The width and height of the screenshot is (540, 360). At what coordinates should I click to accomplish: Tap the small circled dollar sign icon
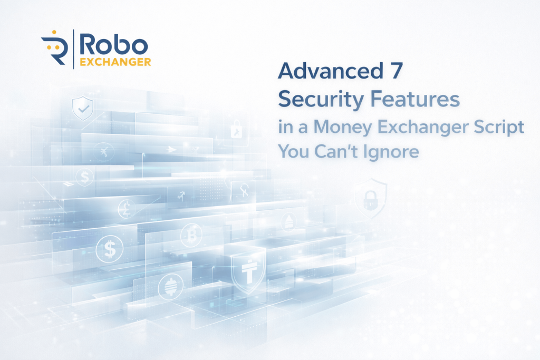pyautogui.click(x=83, y=177)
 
